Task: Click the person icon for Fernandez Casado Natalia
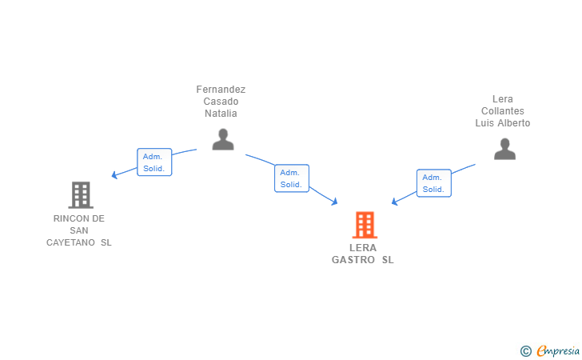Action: pyautogui.click(x=223, y=139)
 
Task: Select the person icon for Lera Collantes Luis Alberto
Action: pyautogui.click(x=504, y=149)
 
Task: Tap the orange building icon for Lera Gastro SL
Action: pyautogui.click(x=365, y=225)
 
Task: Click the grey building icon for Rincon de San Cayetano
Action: pyautogui.click(x=80, y=194)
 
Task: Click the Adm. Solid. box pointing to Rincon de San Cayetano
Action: pyautogui.click(x=154, y=162)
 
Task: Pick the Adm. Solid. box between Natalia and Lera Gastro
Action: pyautogui.click(x=291, y=178)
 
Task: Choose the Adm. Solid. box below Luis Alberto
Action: pyautogui.click(x=433, y=183)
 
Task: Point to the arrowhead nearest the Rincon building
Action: pyautogui.click(x=115, y=174)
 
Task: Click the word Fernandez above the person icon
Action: pyautogui.click(x=221, y=90)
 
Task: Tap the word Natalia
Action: pyautogui.click(x=221, y=114)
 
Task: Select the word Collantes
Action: pyautogui.click(x=503, y=111)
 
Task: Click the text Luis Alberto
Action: pyautogui.click(x=503, y=123)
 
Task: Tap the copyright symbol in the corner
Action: pyautogui.click(x=525, y=350)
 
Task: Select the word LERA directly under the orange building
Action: pyautogui.click(x=363, y=248)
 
